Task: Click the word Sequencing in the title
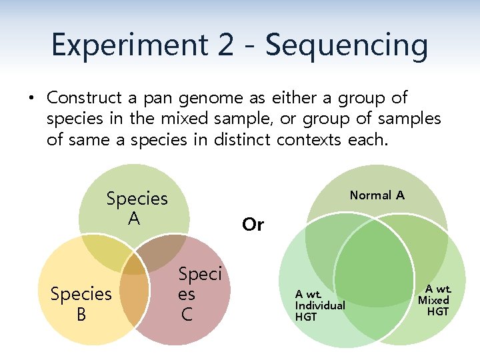coord(346,45)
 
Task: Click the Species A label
coord(137,208)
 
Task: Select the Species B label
coord(81,303)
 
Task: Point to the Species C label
coord(199,293)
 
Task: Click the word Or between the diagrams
coord(253,225)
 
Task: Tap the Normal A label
coord(377,195)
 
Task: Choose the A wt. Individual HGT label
coord(320,305)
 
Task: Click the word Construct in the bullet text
coord(84,98)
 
